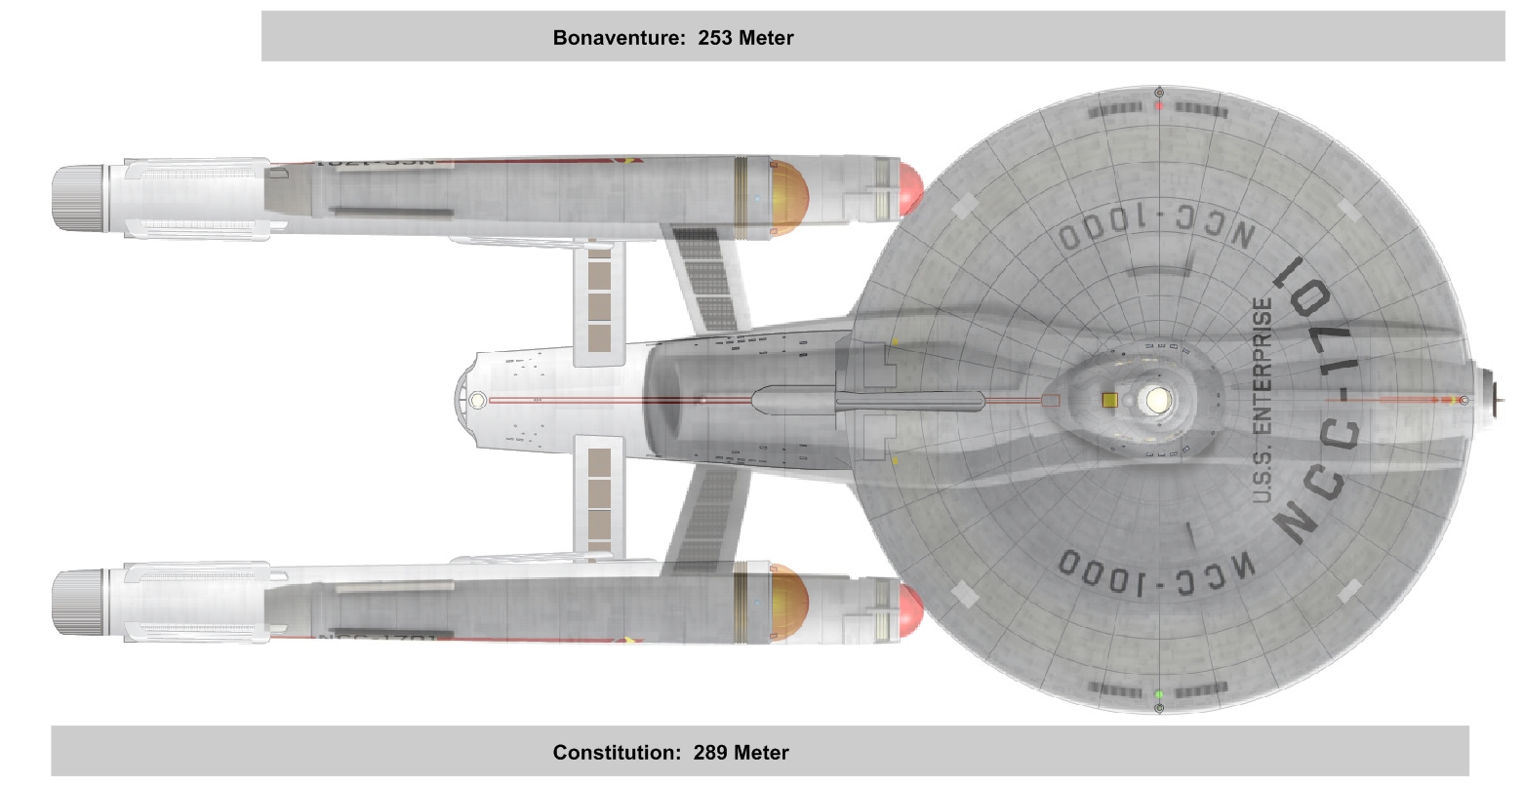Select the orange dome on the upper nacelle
point(789,198)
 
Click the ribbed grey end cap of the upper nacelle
point(78,198)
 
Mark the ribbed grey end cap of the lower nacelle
point(78,601)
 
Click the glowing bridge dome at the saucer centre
point(1158,399)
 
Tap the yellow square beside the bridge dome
point(1109,400)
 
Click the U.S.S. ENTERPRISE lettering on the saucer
point(1262,401)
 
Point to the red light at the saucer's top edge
point(1158,104)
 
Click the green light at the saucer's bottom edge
point(1158,694)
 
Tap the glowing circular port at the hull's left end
point(477,400)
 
